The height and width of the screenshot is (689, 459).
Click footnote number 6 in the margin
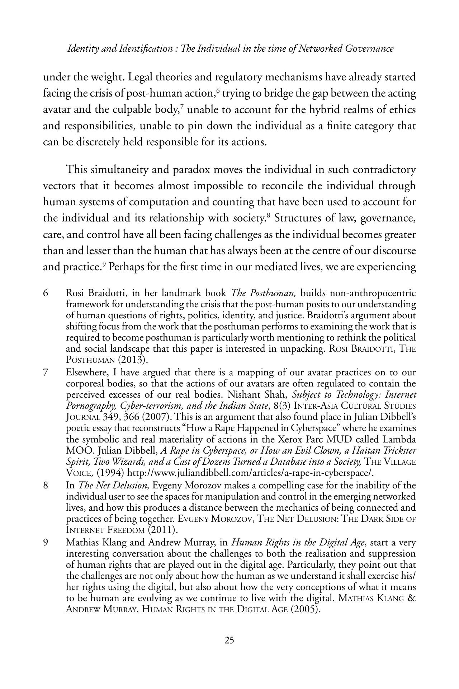click(x=46, y=293)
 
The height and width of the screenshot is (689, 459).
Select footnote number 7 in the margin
click(x=46, y=372)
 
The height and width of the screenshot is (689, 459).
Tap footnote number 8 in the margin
click(x=46, y=486)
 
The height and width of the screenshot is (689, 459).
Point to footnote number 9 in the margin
click(x=46, y=543)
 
